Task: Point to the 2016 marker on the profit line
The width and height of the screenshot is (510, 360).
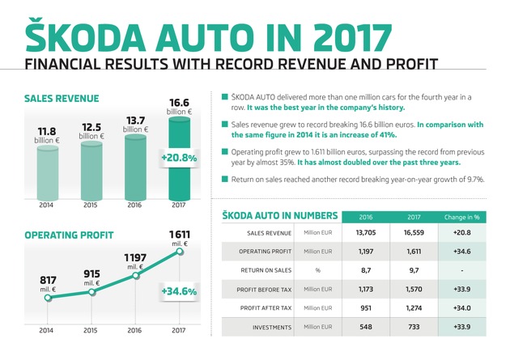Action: click(x=136, y=276)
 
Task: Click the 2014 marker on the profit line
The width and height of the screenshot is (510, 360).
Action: click(x=48, y=298)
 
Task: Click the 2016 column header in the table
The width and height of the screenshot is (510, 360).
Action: click(x=367, y=216)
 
